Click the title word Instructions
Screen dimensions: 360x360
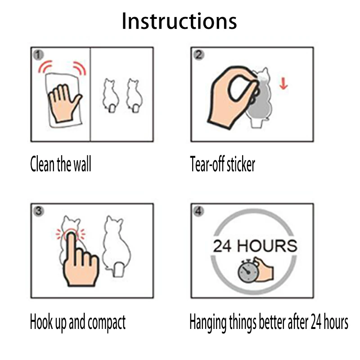coord(179,21)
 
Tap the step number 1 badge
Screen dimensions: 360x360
coord(39,55)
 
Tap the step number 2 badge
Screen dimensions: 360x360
coord(198,55)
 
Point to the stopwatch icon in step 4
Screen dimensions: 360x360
coord(247,272)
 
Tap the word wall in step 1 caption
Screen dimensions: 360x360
coord(81,164)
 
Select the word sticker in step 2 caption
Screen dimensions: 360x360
coord(240,164)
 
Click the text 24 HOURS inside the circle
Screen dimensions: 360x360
coord(255,246)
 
